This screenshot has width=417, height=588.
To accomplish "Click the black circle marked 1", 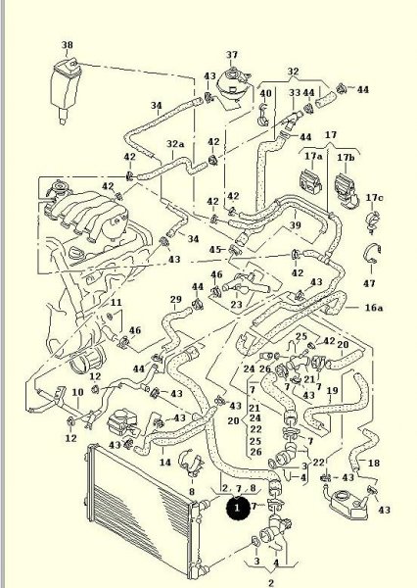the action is (x=237, y=508).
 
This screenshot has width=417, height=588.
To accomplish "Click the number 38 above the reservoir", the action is (x=68, y=45).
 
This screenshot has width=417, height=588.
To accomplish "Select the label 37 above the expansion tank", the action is (x=232, y=55).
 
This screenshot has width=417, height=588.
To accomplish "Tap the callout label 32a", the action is (x=175, y=144).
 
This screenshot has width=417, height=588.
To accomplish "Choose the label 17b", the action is (x=346, y=157).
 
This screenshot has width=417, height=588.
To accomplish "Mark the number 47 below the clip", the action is (x=369, y=283).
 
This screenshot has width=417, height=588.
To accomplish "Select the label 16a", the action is (x=374, y=308).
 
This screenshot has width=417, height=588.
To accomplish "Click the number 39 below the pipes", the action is (x=296, y=225).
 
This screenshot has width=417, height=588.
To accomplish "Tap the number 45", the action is (x=215, y=249).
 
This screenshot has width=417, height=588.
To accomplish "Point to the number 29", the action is (x=176, y=299).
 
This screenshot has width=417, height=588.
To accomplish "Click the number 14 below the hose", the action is (x=165, y=462).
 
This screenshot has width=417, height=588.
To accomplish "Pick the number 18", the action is (x=374, y=464).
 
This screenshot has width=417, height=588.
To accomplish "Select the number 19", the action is (x=332, y=391).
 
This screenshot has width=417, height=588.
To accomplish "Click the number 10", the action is (x=77, y=392).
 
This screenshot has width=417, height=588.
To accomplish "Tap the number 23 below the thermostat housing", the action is (x=236, y=304).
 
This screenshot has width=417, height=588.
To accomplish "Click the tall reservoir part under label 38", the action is (x=66, y=90).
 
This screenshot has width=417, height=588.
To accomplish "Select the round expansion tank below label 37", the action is (x=233, y=87).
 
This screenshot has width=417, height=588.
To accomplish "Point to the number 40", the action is (x=265, y=93).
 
